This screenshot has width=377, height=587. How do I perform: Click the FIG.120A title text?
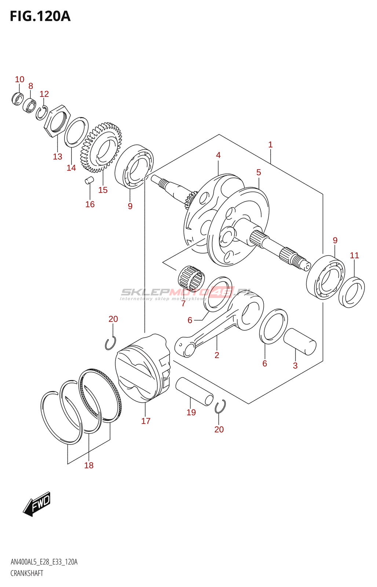[40, 17]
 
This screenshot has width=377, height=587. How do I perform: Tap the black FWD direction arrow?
[37, 504]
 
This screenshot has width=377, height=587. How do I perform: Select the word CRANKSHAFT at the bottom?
[27, 573]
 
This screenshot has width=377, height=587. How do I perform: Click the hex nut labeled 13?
[57, 121]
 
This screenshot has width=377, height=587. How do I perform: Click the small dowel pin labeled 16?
[89, 180]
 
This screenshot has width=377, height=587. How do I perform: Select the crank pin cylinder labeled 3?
[300, 342]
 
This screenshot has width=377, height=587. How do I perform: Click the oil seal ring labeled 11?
[351, 293]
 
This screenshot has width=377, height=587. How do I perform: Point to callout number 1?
[270, 145]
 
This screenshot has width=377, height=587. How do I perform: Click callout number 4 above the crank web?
[218, 155]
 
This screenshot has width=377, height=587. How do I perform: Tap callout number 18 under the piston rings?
[89, 465]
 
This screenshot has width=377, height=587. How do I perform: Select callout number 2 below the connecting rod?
[217, 355]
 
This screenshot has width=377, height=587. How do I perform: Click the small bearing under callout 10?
[17, 98]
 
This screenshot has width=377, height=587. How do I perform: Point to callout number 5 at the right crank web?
[259, 172]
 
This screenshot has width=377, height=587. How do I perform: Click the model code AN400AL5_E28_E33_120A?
[44, 562]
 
